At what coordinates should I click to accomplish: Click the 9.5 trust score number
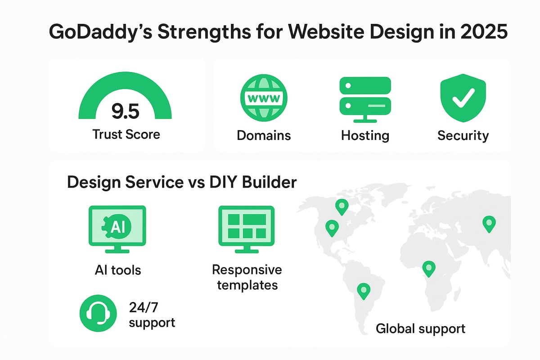126,111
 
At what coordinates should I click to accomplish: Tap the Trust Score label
126,134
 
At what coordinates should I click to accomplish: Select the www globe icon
264,98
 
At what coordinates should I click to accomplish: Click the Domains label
264,135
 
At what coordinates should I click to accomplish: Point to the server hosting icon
365,99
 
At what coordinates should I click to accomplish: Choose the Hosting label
365,136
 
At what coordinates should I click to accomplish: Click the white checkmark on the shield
463,98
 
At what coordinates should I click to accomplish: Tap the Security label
463,136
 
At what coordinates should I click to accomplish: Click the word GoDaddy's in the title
100,32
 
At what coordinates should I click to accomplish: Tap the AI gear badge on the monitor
117,227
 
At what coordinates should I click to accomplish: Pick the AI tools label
118,270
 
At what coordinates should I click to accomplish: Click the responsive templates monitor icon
247,229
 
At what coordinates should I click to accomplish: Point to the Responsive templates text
247,277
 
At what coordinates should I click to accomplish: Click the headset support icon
98,313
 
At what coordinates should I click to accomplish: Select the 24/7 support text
152,315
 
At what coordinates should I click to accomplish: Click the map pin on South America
364,291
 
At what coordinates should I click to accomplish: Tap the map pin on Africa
429,269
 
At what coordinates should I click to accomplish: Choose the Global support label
420,329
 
